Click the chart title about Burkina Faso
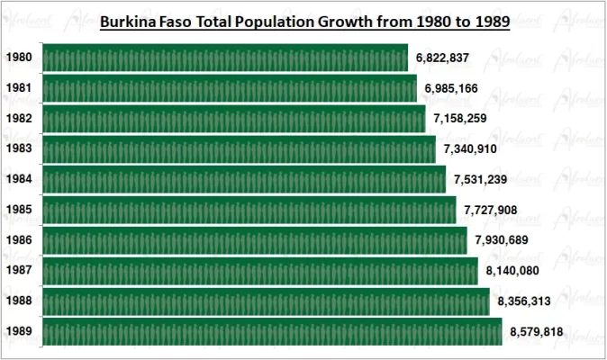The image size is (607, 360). [x=304, y=21]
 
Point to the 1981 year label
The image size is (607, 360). [x=19, y=88]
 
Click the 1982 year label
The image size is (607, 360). [x=19, y=119]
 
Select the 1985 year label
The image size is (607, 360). [x=19, y=210]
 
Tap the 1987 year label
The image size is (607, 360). [x=19, y=271]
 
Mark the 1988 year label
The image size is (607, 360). [x=19, y=301]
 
